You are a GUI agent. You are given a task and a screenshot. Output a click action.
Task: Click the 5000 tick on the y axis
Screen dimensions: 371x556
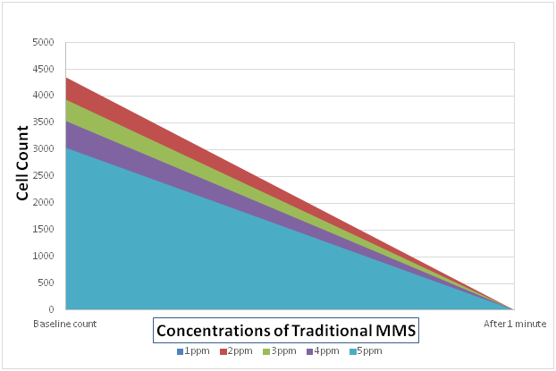[44, 43]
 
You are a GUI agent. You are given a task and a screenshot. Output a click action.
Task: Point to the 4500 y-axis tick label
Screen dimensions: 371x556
[44, 70]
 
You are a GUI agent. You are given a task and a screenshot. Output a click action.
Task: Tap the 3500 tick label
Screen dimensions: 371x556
[44, 122]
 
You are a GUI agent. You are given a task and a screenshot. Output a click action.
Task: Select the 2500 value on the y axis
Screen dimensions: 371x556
[44, 176]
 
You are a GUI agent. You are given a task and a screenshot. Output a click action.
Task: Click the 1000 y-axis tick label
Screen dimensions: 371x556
[44, 257]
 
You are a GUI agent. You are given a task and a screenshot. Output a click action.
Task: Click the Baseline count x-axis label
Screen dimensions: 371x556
[64, 323]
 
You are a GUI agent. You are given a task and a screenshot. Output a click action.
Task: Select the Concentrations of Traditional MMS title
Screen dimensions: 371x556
[287, 331]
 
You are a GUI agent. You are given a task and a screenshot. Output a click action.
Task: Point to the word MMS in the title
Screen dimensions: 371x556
[399, 331]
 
